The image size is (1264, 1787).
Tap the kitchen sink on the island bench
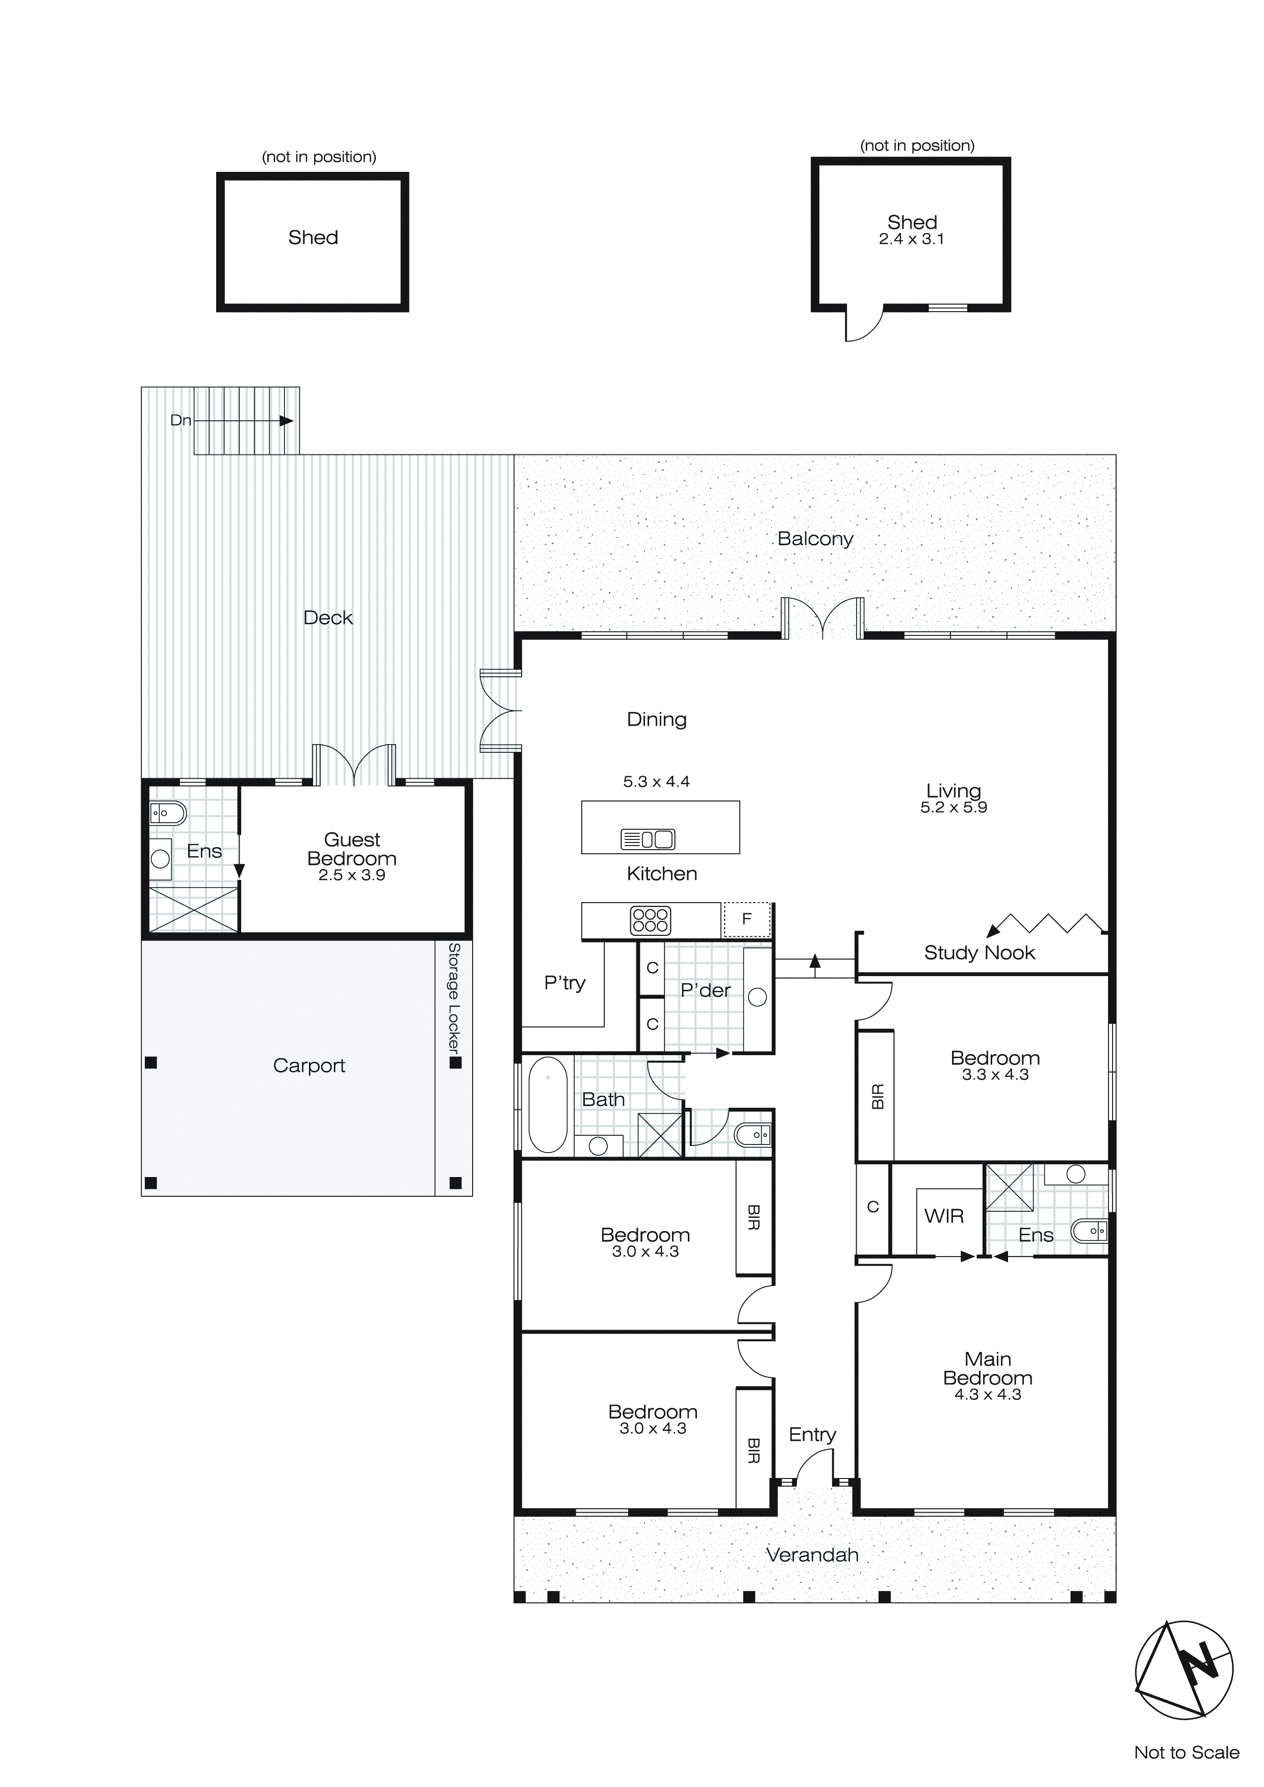[x=648, y=839]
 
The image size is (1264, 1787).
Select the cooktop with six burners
[x=650, y=920]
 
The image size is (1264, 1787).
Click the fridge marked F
[x=746, y=919]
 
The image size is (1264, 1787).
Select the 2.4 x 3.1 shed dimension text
[x=912, y=240]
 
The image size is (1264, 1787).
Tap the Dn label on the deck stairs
[x=180, y=420]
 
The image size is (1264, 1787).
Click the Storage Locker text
[x=454, y=1000]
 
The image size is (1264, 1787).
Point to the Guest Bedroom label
[x=352, y=849]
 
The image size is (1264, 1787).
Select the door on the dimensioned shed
[x=864, y=323]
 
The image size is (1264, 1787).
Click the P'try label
[x=564, y=983]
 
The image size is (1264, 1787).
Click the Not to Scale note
[x=1186, y=1752]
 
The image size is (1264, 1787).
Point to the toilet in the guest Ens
[x=167, y=814]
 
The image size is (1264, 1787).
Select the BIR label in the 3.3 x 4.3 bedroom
[x=877, y=1096]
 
